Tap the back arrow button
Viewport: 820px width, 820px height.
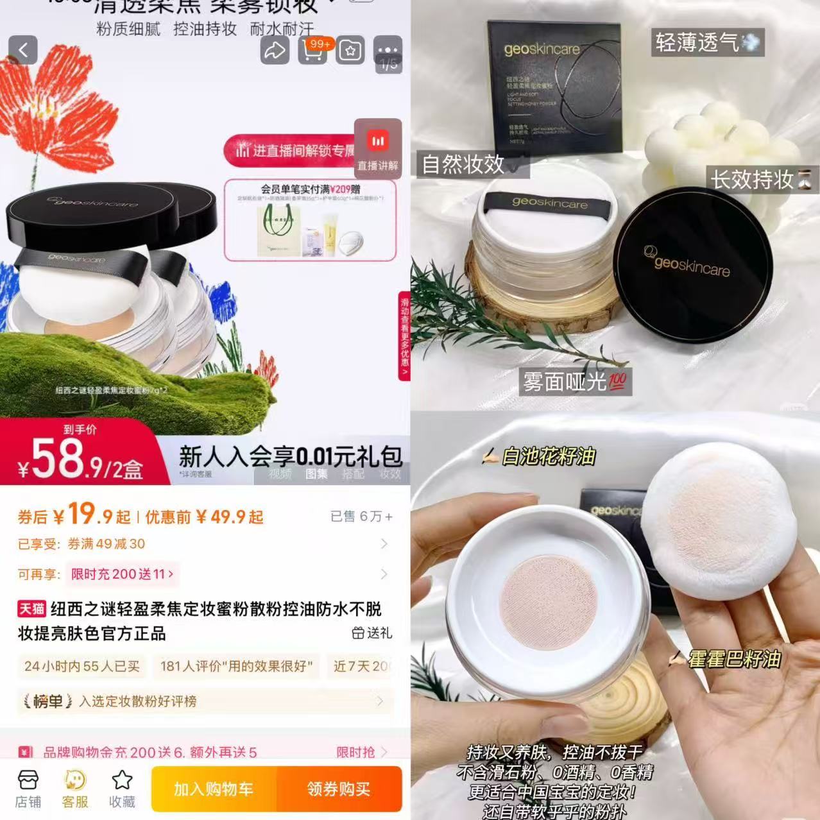pyautogui.click(x=23, y=50)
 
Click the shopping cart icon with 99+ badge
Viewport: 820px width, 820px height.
pyautogui.click(x=312, y=51)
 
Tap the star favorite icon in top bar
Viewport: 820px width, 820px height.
pyautogui.click(x=350, y=51)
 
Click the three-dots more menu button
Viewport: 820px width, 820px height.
pyautogui.click(x=388, y=50)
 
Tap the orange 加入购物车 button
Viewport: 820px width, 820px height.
pyautogui.click(x=214, y=789)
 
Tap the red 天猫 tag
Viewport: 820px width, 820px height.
pyautogui.click(x=31, y=609)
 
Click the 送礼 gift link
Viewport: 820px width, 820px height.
pyautogui.click(x=372, y=633)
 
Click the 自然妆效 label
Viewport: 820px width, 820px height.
pyautogui.click(x=463, y=164)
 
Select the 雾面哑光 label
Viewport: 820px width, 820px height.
pyautogui.click(x=574, y=382)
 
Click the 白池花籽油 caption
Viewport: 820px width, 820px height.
pyautogui.click(x=539, y=456)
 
